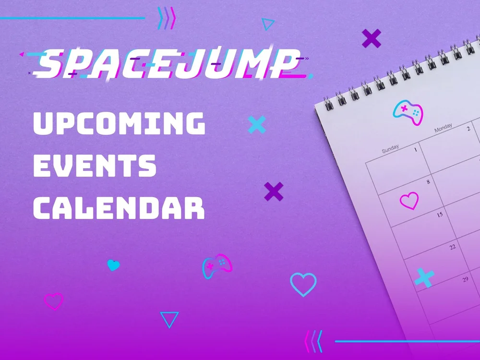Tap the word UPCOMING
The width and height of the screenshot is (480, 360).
[x=119, y=124]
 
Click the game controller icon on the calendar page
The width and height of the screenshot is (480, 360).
[x=408, y=112]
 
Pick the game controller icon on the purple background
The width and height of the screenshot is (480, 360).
[x=217, y=267]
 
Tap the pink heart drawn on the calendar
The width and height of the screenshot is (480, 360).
[x=409, y=201]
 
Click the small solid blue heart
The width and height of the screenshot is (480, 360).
[x=113, y=265]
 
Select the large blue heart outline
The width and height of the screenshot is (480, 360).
[x=303, y=284]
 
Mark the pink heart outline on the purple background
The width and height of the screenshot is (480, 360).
[x=53, y=301]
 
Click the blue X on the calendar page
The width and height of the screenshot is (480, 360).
[x=424, y=278]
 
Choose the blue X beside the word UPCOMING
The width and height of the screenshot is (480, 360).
[x=257, y=125]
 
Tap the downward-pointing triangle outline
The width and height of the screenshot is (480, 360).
[x=169, y=319]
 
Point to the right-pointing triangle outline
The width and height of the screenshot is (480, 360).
[x=268, y=24]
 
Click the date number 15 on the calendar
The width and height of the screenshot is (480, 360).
[x=439, y=215]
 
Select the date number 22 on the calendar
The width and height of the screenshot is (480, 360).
[x=452, y=247]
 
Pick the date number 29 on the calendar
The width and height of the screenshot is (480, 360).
[x=465, y=279]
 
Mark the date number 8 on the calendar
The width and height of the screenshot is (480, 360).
[x=428, y=182]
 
